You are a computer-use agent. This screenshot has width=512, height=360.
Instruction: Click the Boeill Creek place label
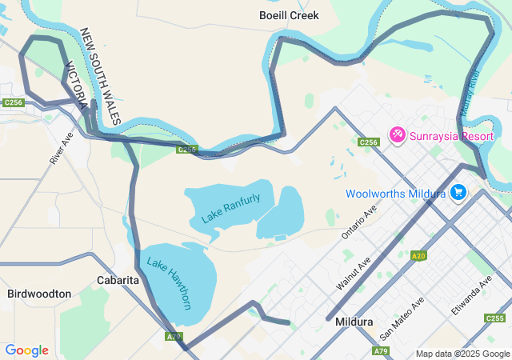(289, 15)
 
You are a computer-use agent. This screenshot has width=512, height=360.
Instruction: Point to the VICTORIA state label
(77, 86)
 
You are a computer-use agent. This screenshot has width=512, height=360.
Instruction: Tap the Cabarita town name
(118, 280)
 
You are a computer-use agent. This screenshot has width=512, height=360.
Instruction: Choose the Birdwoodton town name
(39, 294)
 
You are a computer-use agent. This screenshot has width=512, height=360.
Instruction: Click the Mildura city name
(354, 322)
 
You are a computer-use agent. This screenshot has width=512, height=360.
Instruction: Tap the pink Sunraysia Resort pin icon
(397, 135)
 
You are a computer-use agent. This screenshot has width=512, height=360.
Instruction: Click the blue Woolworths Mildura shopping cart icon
(459, 193)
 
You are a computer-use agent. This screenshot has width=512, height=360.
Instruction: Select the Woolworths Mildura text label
(396, 194)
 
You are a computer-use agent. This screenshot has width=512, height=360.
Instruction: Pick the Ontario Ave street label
(358, 223)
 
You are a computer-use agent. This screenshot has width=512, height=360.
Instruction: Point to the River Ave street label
(61, 149)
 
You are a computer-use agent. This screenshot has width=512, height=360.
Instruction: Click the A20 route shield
(418, 255)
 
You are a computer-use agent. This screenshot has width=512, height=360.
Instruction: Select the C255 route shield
(494, 318)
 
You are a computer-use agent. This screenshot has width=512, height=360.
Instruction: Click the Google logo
(26, 350)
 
